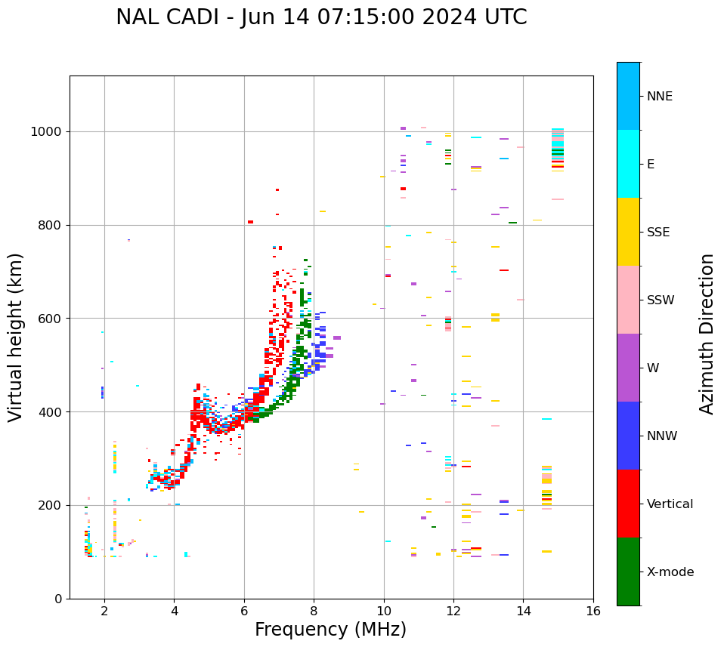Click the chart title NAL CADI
[321, 17]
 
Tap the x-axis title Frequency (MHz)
[330, 630]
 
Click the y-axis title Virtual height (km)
[16, 337]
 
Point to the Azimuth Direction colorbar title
[707, 334]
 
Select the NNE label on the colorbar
[660, 97]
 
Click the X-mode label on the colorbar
[670, 572]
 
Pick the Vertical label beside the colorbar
[670, 504]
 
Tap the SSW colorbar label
[661, 300]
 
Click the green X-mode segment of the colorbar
[628, 572]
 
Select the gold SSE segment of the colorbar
[628, 232]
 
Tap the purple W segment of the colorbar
[628, 368]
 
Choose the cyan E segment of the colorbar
[628, 164]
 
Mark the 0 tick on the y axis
[59, 599]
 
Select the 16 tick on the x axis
[593, 611]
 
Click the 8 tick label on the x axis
[314, 611]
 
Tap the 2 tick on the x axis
[104, 611]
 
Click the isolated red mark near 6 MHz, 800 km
[250, 222]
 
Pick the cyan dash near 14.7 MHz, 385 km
[546, 419]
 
